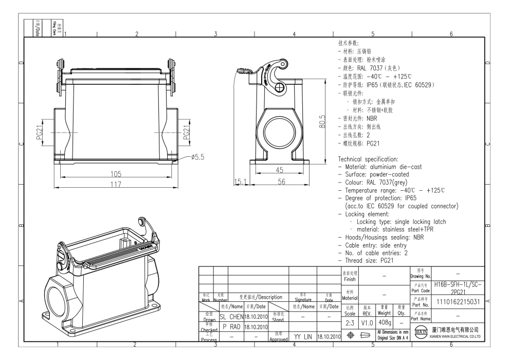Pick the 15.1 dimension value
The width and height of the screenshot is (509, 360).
241,182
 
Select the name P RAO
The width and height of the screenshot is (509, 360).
228,327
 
